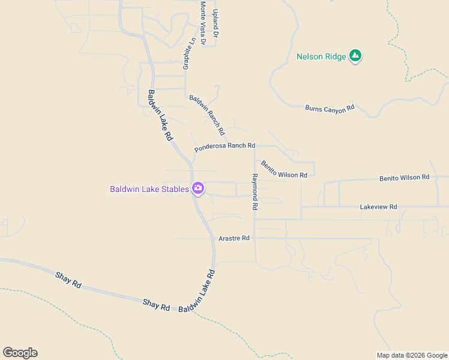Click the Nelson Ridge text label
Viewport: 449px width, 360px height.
(321, 57)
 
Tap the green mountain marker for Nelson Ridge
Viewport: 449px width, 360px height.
(355, 56)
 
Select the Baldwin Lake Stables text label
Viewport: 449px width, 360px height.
(149, 189)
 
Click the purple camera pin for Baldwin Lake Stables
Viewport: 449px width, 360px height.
(198, 188)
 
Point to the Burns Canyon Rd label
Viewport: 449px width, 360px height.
(330, 109)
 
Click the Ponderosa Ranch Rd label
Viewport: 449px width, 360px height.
(224, 146)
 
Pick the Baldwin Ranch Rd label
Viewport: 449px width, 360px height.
(207, 115)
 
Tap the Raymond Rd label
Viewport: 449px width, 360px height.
(255, 191)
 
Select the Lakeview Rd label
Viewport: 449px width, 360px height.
(378, 207)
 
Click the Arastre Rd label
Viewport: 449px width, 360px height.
(234, 238)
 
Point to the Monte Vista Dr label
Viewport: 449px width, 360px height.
(203, 23)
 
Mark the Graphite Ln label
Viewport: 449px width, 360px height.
(190, 53)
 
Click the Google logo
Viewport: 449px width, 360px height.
(20, 353)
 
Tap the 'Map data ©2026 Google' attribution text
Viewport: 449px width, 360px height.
(412, 355)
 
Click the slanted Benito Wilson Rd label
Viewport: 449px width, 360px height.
(284, 169)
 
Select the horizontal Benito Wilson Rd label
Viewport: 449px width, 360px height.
(404, 178)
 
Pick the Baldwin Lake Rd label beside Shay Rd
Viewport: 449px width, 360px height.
(197, 293)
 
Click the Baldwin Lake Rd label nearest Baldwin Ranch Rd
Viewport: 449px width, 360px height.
(160, 115)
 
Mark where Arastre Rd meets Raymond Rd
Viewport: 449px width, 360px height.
(255, 238)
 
